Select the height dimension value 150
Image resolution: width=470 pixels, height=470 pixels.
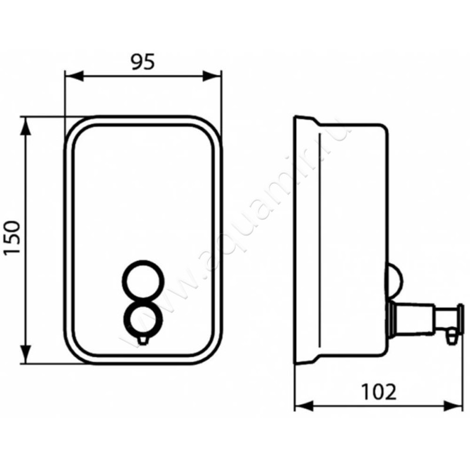coord(13,237)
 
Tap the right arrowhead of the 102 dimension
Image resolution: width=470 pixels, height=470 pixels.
coord(455,405)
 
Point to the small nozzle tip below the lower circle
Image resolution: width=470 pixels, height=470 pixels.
coord(143,340)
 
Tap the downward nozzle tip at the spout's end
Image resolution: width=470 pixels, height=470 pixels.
coord(450,337)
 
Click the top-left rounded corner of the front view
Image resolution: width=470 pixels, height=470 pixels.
coord(73,126)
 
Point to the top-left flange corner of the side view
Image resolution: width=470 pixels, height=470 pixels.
coord(297,117)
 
